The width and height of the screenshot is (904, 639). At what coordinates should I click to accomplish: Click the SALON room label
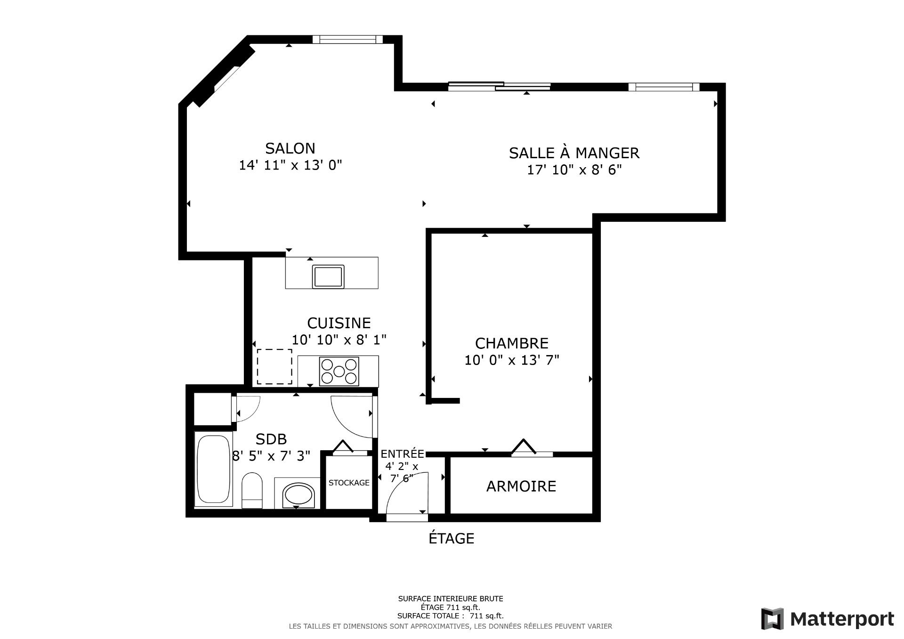pyautogui.click(x=290, y=148)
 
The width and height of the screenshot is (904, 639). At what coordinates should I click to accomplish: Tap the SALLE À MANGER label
pyautogui.click(x=574, y=153)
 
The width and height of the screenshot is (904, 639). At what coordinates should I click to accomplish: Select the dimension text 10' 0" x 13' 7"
pyautogui.click(x=512, y=360)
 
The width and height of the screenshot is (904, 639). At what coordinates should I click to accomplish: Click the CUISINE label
pyautogui.click(x=339, y=323)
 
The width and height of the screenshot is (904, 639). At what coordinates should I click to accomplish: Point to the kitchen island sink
pyautogui.click(x=328, y=276)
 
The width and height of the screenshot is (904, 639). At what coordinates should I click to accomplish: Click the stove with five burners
pyautogui.click(x=339, y=371)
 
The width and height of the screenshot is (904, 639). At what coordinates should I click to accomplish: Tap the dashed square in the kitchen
pyautogui.click(x=274, y=367)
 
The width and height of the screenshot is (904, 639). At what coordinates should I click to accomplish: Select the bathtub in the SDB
pyautogui.click(x=214, y=469)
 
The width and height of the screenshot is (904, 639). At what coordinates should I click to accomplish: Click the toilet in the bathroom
pyautogui.click(x=252, y=491)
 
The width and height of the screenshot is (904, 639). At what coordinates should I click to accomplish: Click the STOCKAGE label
pyautogui.click(x=349, y=483)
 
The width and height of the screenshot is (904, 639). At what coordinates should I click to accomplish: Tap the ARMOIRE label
pyautogui.click(x=521, y=486)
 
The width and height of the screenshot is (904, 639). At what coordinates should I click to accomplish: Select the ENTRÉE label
pyautogui.click(x=402, y=454)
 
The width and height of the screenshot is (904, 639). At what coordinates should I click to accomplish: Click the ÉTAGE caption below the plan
pyautogui.click(x=451, y=538)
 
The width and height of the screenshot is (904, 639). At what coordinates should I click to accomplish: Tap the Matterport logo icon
pyautogui.click(x=772, y=619)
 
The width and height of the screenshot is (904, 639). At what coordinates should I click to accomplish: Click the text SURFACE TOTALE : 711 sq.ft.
pyautogui.click(x=450, y=615)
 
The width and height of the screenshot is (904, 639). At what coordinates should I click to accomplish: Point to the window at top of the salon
pyautogui.click(x=347, y=39)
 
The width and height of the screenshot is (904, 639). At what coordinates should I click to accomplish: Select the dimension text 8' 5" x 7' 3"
pyautogui.click(x=271, y=456)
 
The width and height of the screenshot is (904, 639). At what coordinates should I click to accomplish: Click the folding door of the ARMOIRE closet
pyautogui.click(x=524, y=447)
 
